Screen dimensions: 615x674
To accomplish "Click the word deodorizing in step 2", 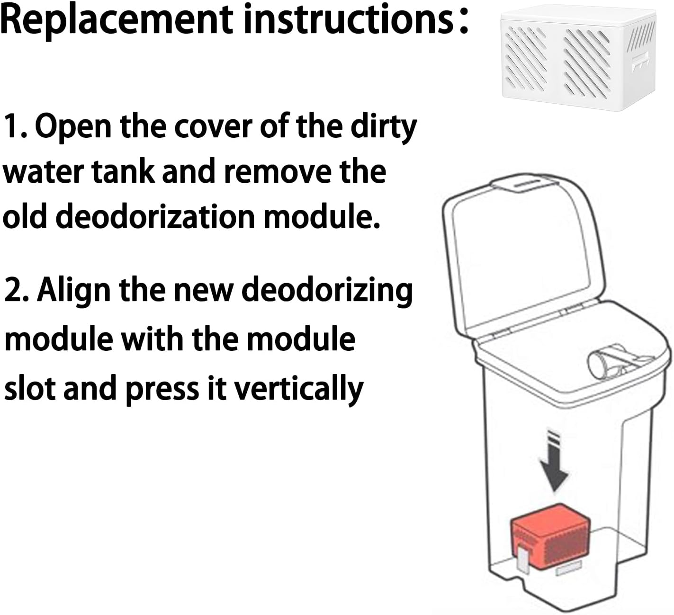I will point(327,291).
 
